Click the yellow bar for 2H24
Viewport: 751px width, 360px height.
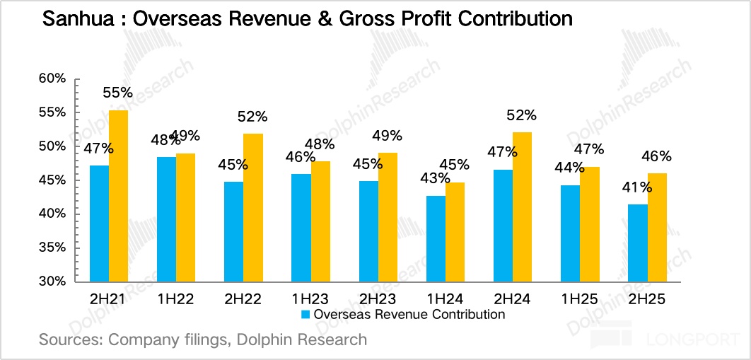(522, 207)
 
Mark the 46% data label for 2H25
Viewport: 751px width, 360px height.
(656, 156)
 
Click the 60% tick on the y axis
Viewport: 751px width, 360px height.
(52, 79)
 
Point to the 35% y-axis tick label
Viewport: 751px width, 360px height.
(52, 248)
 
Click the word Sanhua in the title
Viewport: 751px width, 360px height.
(71, 20)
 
